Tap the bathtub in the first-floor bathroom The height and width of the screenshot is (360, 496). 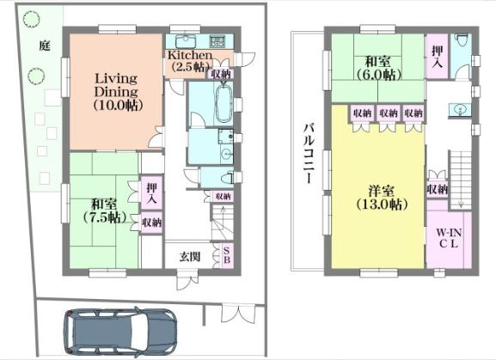point(224,101)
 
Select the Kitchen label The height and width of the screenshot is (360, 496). point(190,55)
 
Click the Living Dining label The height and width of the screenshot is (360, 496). point(116,85)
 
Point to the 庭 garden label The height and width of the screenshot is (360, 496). point(45,46)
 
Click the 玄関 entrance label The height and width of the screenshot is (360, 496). point(190,256)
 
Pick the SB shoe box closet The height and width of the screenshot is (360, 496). point(227,255)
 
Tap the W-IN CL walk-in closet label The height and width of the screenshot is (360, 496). point(449,238)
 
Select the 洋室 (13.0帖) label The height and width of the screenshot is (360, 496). point(382,198)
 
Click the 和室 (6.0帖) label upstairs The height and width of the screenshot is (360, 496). point(379,68)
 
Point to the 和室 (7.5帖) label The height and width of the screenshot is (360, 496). point(105,211)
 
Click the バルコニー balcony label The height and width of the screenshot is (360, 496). point(309,154)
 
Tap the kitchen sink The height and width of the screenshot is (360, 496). point(183,41)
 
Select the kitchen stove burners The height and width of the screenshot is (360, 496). point(217,42)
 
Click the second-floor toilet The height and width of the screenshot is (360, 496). point(462,40)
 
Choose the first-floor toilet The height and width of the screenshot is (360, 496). point(227,179)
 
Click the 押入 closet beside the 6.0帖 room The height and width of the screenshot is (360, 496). point(438,56)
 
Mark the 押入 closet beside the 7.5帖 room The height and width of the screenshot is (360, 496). point(152,192)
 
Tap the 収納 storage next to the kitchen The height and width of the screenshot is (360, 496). point(221,74)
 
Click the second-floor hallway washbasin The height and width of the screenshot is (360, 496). point(459,110)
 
